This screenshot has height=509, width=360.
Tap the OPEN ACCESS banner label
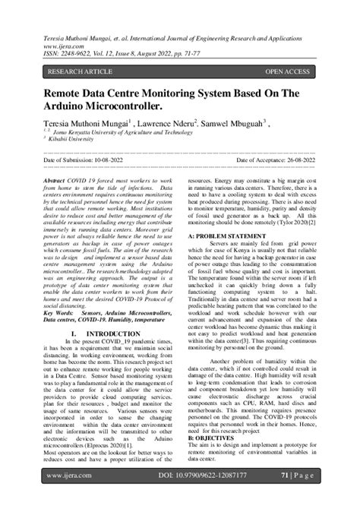[287, 72]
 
